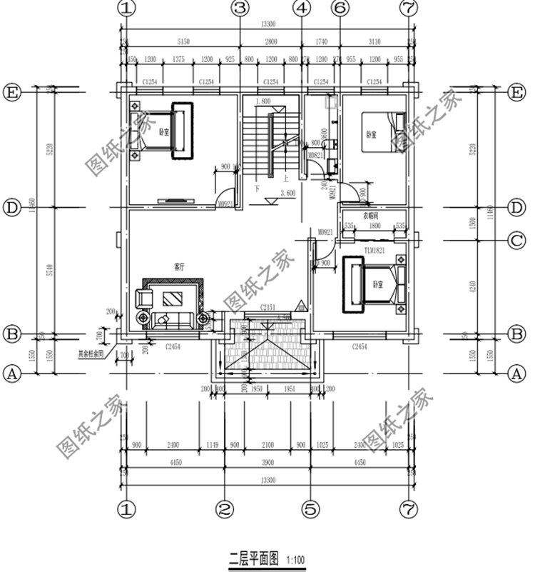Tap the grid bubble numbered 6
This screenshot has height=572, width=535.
(340, 9)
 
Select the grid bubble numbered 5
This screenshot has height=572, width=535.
(310, 509)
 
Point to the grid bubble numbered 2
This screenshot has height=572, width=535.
(225, 509)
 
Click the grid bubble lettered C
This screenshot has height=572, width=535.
(518, 241)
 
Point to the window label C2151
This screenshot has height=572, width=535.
(268, 306)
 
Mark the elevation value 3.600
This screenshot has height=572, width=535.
(288, 194)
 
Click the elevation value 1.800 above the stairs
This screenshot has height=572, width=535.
(262, 101)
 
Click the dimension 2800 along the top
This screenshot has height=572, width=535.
(271, 44)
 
